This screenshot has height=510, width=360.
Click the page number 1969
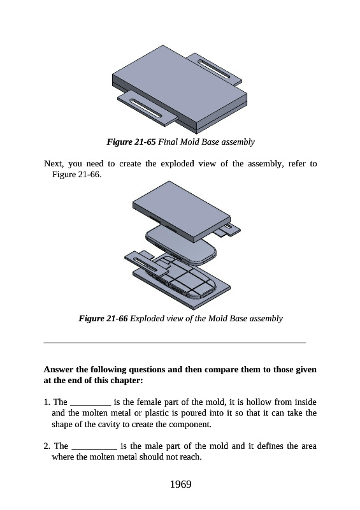point(180,484)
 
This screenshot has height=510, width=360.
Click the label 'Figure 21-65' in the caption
point(131,142)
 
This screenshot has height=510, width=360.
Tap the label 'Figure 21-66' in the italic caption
point(103,318)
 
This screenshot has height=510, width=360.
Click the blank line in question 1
point(90,405)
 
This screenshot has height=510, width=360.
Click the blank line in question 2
point(94,449)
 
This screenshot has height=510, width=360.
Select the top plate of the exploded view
point(182,211)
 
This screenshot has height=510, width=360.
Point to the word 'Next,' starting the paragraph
point(54,163)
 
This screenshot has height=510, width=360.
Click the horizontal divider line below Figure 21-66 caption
point(175,342)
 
